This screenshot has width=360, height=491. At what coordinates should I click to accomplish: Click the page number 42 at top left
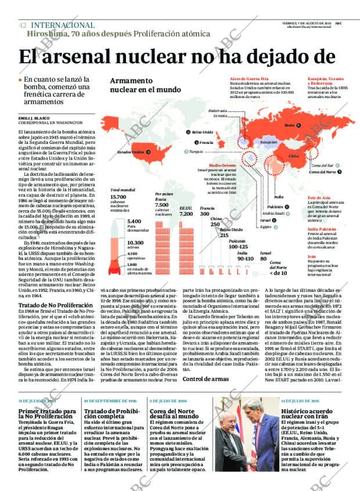pyautogui.click(x=22, y=26)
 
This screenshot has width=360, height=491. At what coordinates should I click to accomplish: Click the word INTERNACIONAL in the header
pyautogui.click(x=62, y=26)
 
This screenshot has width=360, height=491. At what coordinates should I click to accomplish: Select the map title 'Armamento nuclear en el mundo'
pyautogui.click(x=145, y=85)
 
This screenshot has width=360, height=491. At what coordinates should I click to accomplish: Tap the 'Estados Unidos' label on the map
pyautogui.click(x=130, y=152)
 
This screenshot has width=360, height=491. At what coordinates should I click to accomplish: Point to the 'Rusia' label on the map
pyautogui.click(x=289, y=125)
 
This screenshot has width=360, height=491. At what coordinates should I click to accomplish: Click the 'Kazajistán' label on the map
pyautogui.click(x=268, y=141)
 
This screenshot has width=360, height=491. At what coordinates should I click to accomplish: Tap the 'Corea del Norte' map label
pyautogui.click(x=322, y=172)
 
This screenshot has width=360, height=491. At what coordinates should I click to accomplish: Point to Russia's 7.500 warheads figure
pyautogui.click(x=162, y=204)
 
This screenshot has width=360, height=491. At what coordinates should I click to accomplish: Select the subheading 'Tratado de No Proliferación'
pyautogui.click(x=50, y=305)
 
